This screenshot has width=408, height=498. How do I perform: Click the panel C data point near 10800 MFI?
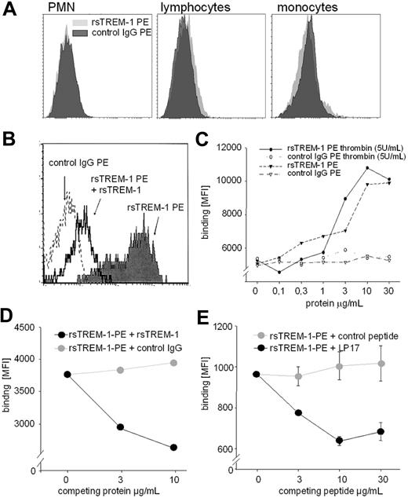click(366, 168)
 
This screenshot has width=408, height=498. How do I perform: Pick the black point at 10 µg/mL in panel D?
click(173, 447)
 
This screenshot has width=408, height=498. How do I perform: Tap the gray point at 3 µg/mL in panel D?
click(120, 370)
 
